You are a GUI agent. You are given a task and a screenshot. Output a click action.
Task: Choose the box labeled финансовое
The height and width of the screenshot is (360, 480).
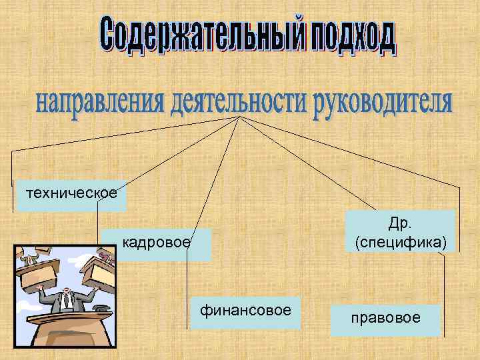click(245, 311)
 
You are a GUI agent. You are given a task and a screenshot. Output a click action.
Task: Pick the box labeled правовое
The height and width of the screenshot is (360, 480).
click(385, 319)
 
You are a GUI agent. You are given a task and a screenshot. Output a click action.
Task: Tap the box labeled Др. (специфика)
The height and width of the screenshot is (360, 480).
click(401, 231)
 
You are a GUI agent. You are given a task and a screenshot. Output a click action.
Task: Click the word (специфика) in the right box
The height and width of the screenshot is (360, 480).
click(401, 241)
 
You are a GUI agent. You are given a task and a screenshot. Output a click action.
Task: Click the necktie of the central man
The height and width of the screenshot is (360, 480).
click(67, 301)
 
